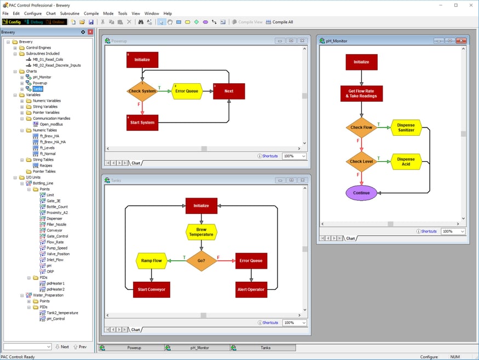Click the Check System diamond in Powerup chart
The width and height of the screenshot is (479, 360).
(x=142, y=91)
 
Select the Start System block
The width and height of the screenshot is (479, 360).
(x=142, y=122)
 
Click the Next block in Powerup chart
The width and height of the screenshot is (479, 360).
(x=229, y=91)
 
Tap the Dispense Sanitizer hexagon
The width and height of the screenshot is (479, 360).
(x=406, y=127)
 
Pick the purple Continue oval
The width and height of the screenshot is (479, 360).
(x=361, y=193)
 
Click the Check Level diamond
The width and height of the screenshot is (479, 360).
(x=361, y=161)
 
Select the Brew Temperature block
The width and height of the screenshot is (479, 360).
(x=201, y=232)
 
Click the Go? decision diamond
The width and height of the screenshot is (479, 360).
(x=201, y=261)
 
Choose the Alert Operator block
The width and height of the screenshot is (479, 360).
(x=251, y=289)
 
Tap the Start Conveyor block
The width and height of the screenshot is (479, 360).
(x=150, y=289)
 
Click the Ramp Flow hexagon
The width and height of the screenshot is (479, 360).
(x=151, y=261)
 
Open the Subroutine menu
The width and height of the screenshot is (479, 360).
(x=70, y=13)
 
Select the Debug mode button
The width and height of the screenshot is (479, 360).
(x=33, y=22)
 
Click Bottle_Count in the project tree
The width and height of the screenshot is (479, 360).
(x=57, y=207)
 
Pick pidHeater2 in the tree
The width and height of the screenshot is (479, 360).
(x=55, y=289)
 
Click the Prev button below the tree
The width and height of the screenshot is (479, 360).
(x=80, y=347)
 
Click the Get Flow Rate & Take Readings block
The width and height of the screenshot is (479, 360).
(x=361, y=93)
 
